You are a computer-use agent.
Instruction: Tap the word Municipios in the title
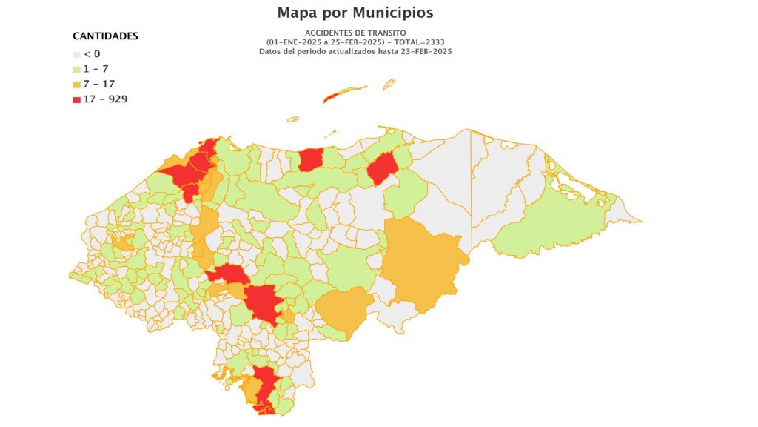[392, 13]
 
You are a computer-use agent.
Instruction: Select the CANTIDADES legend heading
[105, 36]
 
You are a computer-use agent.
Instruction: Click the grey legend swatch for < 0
[76, 54]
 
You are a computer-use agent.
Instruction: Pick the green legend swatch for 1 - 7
[76, 69]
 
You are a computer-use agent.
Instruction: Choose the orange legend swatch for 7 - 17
[76, 84]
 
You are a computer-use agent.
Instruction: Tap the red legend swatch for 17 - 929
[76, 99]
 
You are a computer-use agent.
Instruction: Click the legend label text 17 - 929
[106, 99]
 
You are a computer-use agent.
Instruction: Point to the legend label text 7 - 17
[99, 84]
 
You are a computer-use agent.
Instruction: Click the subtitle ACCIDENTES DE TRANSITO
[355, 33]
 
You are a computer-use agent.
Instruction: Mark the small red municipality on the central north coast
[311, 159]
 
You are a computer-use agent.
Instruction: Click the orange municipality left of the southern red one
[252, 390]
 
